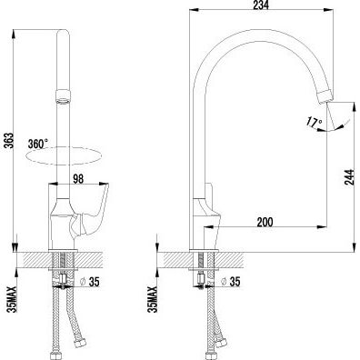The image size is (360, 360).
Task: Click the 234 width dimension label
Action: click(x=261, y=5)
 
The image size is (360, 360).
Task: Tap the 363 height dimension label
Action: click(x=9, y=141)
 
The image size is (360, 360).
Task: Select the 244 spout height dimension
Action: click(x=349, y=177)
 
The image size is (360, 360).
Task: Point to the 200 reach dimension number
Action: click(x=265, y=222)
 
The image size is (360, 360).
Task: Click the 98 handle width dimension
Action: click(x=78, y=179)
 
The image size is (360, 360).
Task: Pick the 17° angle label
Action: click(x=315, y=122)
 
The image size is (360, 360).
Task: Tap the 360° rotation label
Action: click(x=38, y=144)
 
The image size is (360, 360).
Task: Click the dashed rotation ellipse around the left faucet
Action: click(x=64, y=156)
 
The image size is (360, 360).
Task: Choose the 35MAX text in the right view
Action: click(x=154, y=299)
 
